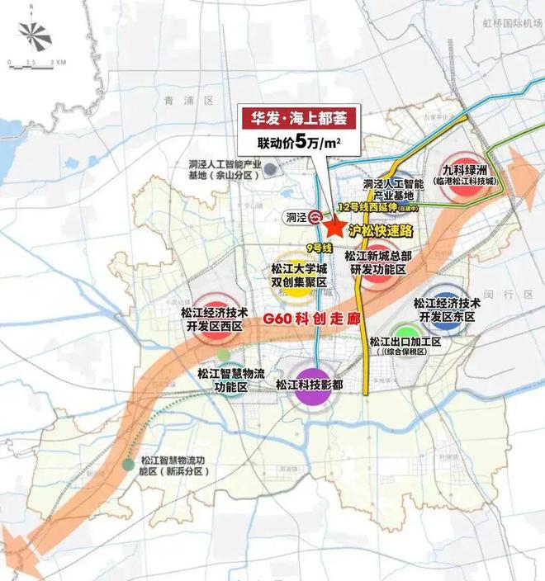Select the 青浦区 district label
coord(177,100)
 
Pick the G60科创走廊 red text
coord(310,319)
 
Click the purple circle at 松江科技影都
coord(310,386)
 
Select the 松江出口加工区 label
coord(405,342)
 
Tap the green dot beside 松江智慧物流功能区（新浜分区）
coord(126,465)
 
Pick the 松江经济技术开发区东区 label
coord(447,309)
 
